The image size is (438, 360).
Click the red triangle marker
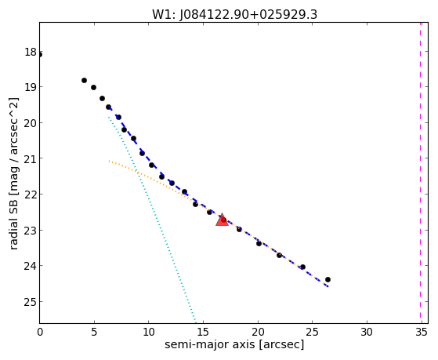click(222, 220)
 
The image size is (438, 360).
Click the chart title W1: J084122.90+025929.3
click(234, 15)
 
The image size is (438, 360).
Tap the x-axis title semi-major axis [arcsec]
click(234, 344)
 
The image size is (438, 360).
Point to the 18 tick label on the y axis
click(31, 52)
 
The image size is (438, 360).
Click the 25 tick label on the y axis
click(31, 302)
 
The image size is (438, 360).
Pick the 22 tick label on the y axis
click(31, 195)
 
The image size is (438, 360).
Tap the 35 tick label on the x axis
click(422, 332)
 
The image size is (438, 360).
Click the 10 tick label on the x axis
click(149, 332)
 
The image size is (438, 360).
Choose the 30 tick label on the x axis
click(367, 332)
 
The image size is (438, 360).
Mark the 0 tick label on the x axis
click(40, 332)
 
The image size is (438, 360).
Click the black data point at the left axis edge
click(40, 55)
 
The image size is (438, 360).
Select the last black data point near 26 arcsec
click(328, 279)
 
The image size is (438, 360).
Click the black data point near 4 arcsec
click(84, 80)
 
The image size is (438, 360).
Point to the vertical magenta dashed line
click(420, 173)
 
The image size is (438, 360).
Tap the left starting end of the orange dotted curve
click(109, 161)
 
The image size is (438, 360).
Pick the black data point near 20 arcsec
click(259, 243)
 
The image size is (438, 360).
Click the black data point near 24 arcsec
click(302, 267)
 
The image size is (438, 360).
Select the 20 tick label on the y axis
click(31, 123)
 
